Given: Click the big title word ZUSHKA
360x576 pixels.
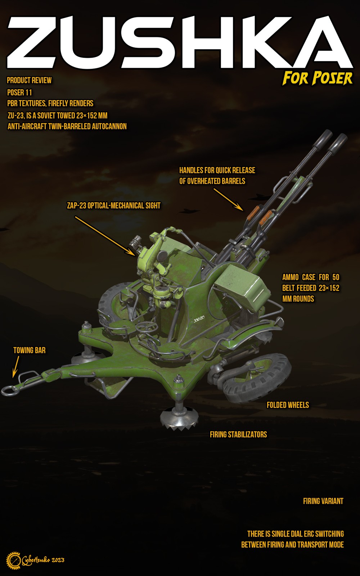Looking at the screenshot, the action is click(x=180, y=42).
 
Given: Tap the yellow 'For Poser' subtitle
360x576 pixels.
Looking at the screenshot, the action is click(x=317, y=78).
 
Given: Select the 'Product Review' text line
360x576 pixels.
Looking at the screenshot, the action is click(x=29, y=81).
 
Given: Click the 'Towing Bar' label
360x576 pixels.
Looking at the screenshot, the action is click(x=29, y=350).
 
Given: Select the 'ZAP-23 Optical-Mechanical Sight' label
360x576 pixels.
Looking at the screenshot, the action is click(x=114, y=206).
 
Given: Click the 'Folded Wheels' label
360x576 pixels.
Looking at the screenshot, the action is click(x=288, y=405).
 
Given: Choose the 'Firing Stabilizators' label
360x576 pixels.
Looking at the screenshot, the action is click(x=238, y=435).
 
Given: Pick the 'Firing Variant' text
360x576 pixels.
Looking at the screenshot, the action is click(x=323, y=501).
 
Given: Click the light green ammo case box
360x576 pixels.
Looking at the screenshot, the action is click(x=242, y=285).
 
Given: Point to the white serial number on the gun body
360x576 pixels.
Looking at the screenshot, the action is click(x=199, y=319).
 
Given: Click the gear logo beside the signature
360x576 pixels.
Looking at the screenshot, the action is click(x=13, y=560).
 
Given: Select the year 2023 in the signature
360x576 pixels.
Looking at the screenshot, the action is click(x=58, y=560).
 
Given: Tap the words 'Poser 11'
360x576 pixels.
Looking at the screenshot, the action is click(x=19, y=92).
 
